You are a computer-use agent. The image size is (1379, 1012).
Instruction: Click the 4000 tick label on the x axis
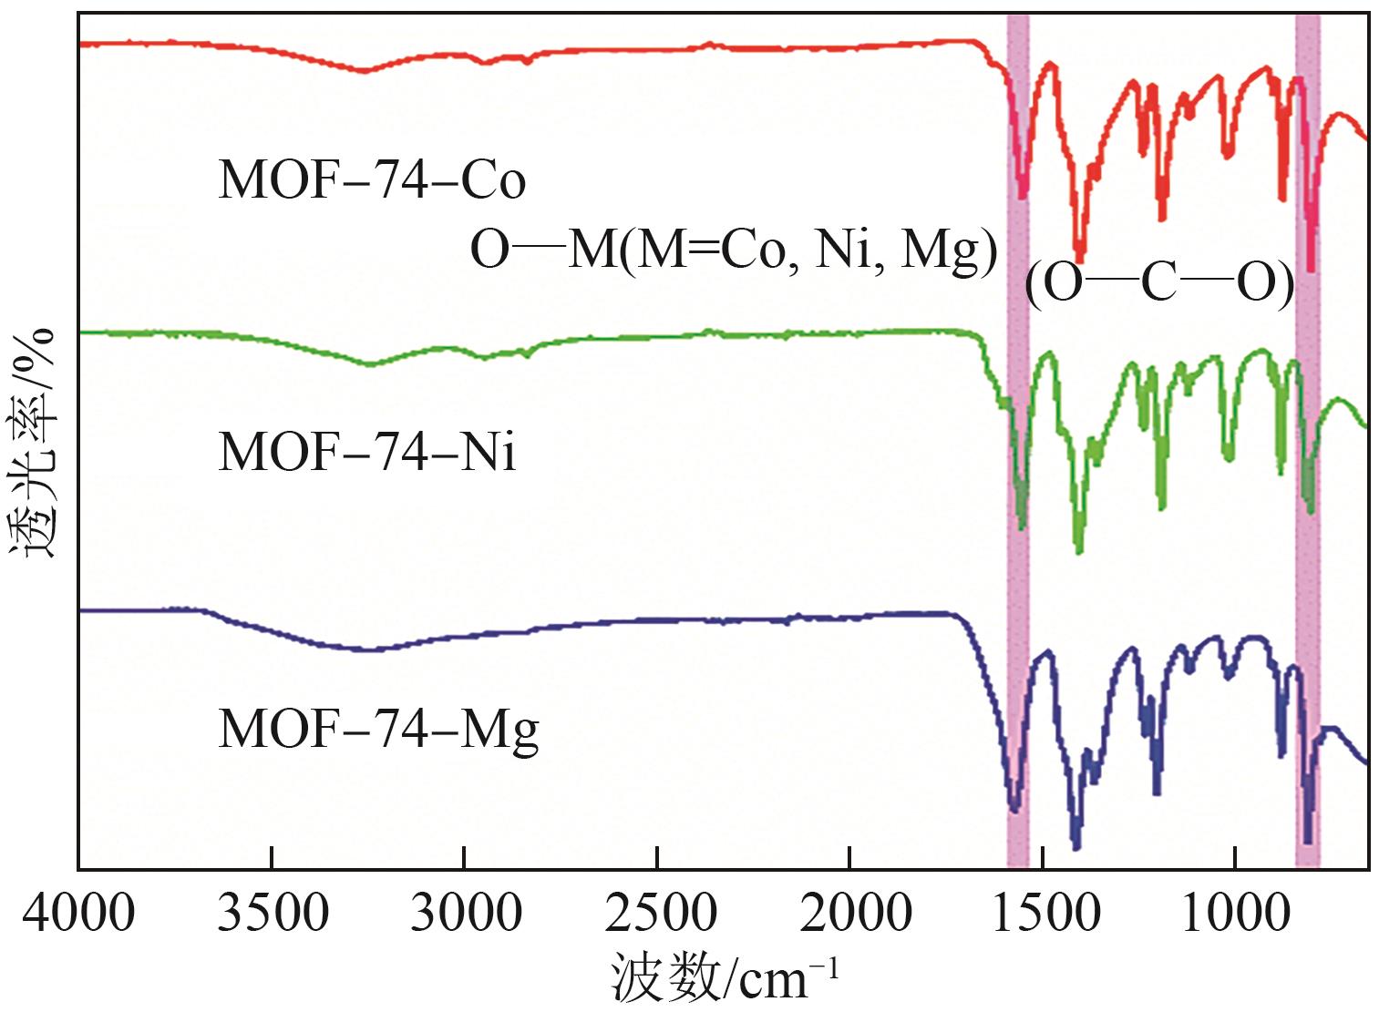(78, 914)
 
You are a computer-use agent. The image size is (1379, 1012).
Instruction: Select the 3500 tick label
(273, 914)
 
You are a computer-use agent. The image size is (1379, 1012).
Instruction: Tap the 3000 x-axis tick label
(466, 914)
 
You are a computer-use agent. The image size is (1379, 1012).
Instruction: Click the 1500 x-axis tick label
(1045, 914)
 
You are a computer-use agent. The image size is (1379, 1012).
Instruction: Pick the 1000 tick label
(1237, 914)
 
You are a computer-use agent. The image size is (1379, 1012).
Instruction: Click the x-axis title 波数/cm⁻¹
(724, 978)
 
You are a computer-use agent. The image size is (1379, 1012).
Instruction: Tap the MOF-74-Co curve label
(372, 180)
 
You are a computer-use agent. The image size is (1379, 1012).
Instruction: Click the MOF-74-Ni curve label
(367, 452)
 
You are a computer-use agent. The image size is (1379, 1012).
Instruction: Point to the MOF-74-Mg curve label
(378, 729)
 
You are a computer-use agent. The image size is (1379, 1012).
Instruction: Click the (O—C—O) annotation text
(1159, 285)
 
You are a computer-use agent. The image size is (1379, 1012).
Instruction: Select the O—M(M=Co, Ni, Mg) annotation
(734, 249)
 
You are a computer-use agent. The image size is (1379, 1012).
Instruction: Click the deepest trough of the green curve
(1079, 550)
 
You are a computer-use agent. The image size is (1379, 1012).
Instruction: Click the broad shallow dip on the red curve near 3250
(365, 70)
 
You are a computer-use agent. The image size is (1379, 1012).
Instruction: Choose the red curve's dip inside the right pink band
(1311, 269)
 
